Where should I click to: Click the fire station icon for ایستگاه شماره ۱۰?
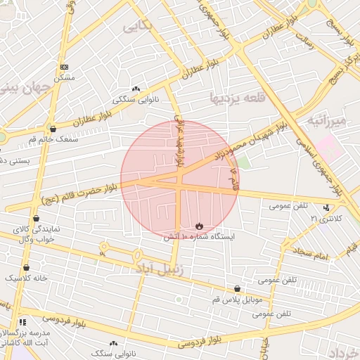coord(200,226)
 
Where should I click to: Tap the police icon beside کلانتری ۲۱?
coord(326,207)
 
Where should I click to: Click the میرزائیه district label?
coord(327,120)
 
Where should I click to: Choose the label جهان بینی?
coord(27,89)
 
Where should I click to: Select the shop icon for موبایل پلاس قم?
coord(237,288)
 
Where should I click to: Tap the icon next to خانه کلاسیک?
coord(26,267)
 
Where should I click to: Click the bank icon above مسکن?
coord(65,67)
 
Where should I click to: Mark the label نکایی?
coord(137,26)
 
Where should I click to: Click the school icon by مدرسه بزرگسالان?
coord(22,321)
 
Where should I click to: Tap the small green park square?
coord(243,162)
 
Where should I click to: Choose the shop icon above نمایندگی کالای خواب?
coord(36,219)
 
